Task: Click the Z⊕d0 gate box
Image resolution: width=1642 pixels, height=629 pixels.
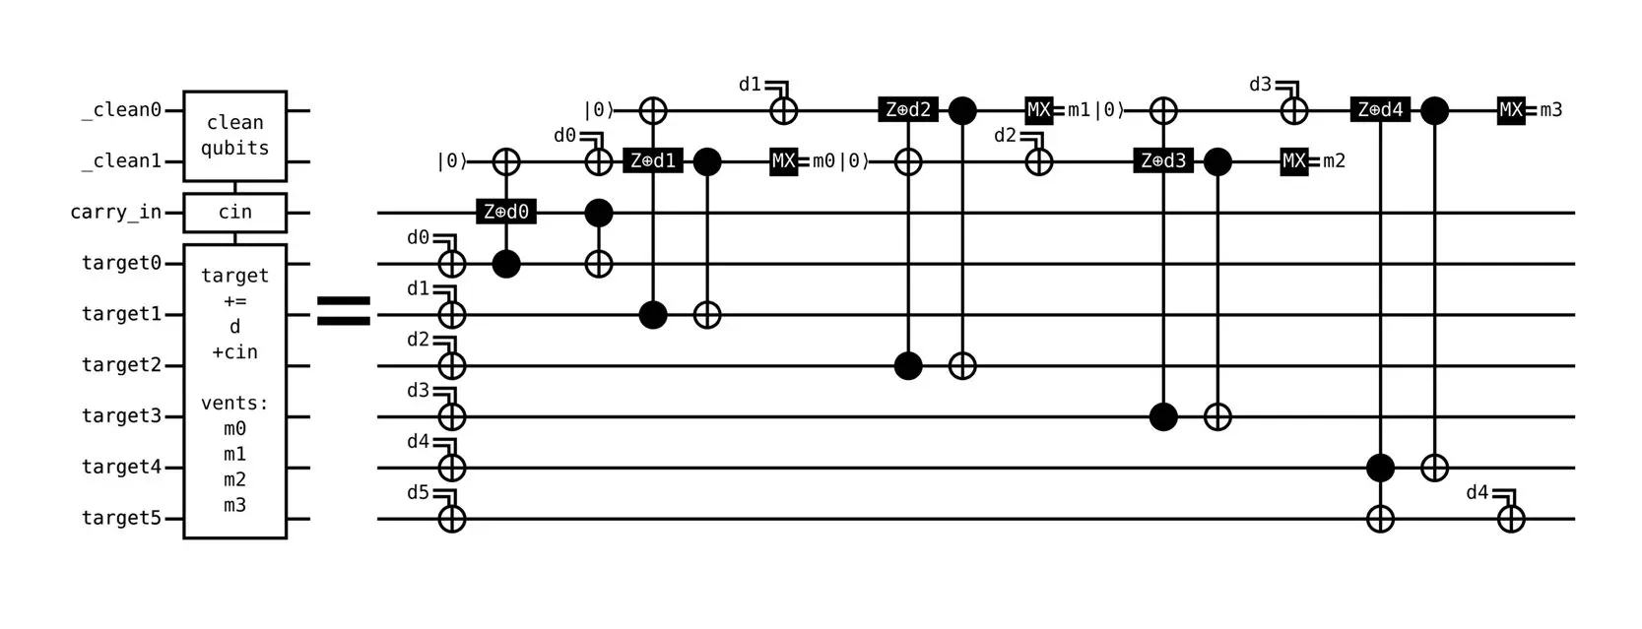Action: click(x=506, y=212)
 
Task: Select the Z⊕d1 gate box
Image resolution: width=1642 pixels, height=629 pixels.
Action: click(x=652, y=160)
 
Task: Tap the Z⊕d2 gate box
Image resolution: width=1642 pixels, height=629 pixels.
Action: click(x=907, y=109)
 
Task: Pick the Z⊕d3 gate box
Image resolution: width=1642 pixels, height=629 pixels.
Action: click(x=1163, y=160)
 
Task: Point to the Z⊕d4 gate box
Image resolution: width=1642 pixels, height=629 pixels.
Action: click(x=1380, y=109)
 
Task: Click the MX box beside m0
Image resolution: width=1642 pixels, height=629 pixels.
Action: click(x=783, y=160)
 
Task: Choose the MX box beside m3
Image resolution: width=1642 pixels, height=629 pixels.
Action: click(x=1511, y=109)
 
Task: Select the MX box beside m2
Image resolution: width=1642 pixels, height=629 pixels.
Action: click(x=1294, y=160)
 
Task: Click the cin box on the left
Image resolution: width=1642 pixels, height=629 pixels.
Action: click(x=234, y=212)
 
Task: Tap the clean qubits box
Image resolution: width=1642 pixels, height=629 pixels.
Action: click(x=234, y=136)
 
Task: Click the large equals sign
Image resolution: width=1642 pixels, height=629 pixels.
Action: click(x=344, y=310)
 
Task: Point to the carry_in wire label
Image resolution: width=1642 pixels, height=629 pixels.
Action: click(x=116, y=212)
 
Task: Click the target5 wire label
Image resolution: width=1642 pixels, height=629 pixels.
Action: click(x=121, y=518)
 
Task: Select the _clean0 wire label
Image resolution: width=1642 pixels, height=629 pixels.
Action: click(x=121, y=109)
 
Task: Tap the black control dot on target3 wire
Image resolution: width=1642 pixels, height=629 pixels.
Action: click(x=1163, y=416)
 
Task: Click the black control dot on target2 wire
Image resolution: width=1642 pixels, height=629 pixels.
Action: click(x=907, y=365)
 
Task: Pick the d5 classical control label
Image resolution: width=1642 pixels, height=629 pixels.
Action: click(x=418, y=492)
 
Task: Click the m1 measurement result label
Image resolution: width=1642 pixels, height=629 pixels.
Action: click(x=1079, y=109)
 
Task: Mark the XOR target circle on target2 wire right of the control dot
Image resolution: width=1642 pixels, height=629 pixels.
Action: click(x=962, y=365)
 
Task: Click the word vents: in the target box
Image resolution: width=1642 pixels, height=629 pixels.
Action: click(x=234, y=403)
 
